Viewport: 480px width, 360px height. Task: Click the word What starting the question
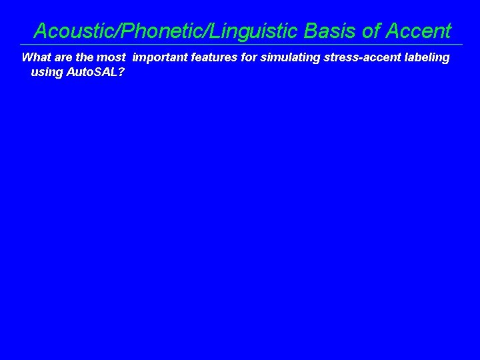pyautogui.click(x=36, y=57)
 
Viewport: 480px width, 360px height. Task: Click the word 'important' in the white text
pyautogui.click(x=160, y=57)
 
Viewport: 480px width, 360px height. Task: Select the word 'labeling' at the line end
pyautogui.click(x=427, y=57)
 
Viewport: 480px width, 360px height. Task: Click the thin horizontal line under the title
pyautogui.click(x=240, y=45)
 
